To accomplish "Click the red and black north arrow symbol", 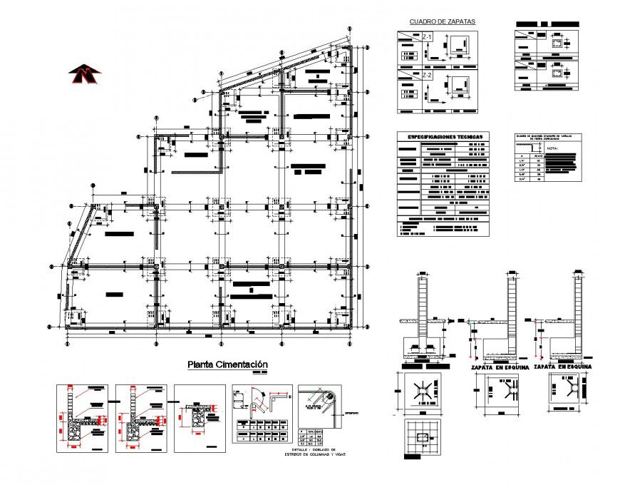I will (85, 71).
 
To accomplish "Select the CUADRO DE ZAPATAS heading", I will (442, 22).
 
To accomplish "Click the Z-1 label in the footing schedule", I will (428, 36).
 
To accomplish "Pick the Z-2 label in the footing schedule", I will (428, 75).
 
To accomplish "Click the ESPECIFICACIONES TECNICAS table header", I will (445, 136).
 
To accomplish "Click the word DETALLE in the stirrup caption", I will (285, 449).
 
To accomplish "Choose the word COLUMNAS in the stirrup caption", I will (304, 454).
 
